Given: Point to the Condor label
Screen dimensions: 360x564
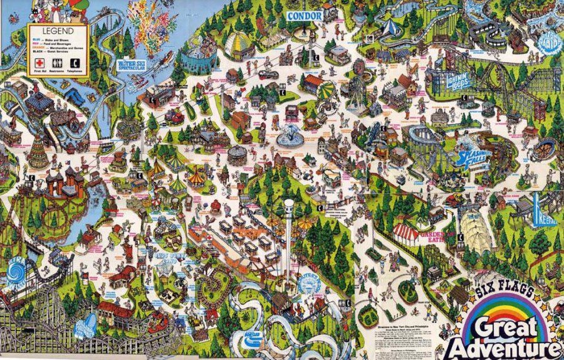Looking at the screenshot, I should tap(305, 15).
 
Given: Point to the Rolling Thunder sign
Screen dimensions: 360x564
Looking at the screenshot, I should tap(89, 326).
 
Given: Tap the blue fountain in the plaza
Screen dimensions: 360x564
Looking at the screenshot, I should tap(290, 135).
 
